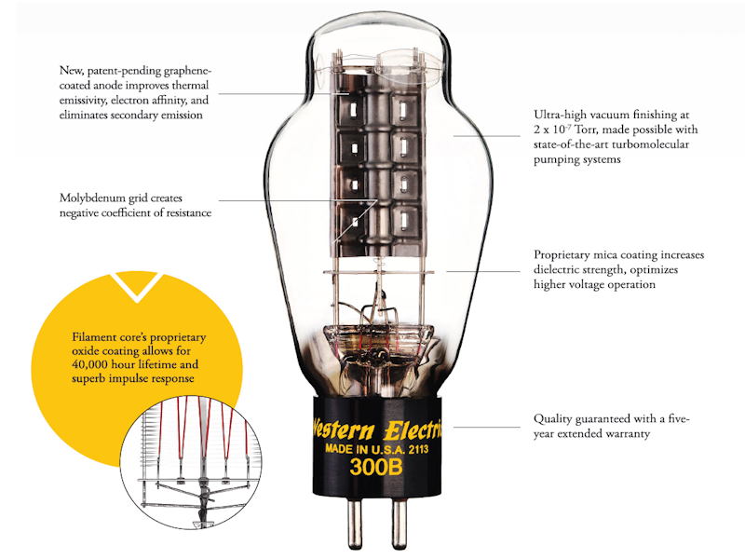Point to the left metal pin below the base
355,522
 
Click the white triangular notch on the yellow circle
136,285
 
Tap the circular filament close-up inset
191,462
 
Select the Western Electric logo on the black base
378,429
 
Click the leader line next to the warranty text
486,427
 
